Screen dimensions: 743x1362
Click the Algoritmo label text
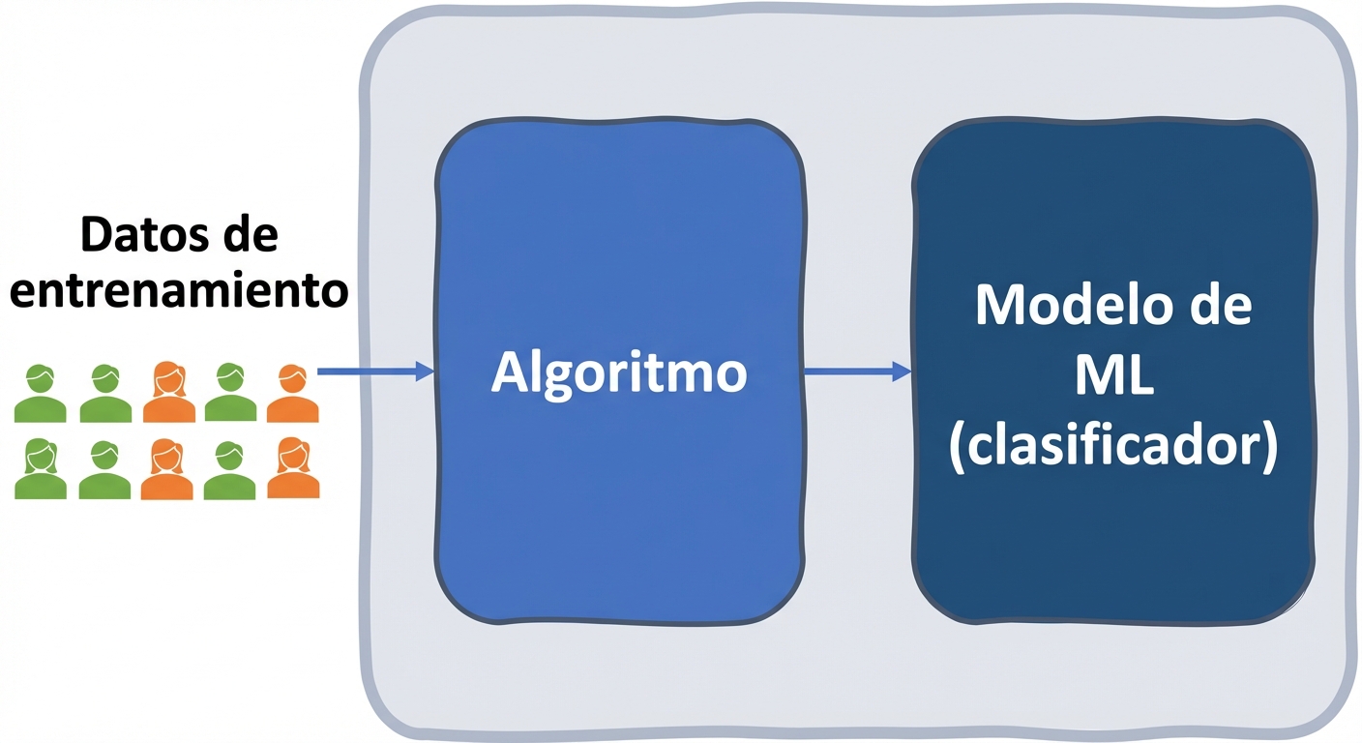[619, 372]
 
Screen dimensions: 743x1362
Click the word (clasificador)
[1113, 448]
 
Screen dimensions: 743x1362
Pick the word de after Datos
[248, 235]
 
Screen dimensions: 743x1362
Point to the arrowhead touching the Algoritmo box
[425, 370]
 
